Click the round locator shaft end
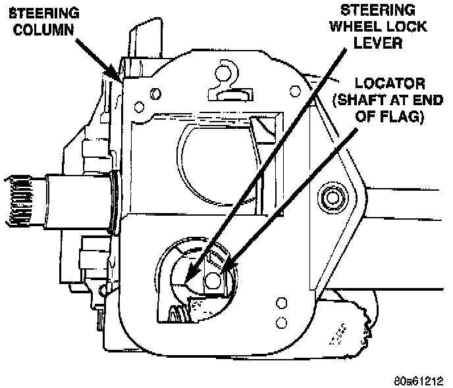(212, 281)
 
